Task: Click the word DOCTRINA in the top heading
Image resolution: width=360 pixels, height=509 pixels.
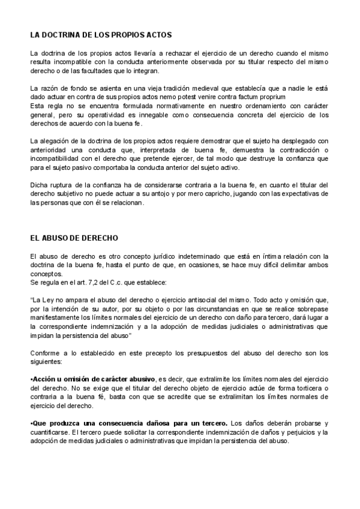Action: (62, 35)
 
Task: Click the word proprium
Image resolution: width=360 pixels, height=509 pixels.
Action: (274, 97)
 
